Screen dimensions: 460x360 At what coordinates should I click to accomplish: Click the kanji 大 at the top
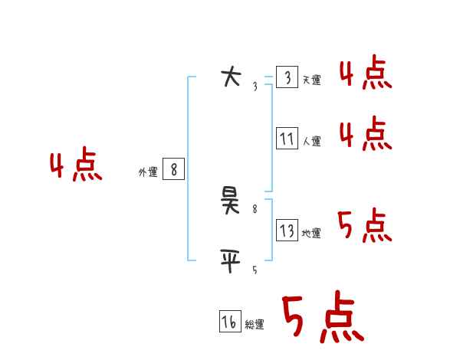click(x=230, y=77)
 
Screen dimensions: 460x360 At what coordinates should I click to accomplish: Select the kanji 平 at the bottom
click(x=230, y=261)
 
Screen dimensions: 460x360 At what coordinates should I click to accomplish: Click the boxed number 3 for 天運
click(x=287, y=77)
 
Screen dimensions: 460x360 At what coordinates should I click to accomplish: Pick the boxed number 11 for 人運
click(x=287, y=139)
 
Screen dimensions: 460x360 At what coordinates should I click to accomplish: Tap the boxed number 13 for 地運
click(x=287, y=231)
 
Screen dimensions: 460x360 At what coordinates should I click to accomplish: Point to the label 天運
click(x=311, y=80)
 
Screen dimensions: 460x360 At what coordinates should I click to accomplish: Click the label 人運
click(x=311, y=141)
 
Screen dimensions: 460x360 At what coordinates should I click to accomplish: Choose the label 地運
click(x=311, y=233)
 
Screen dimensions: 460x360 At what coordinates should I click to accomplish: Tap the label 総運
click(x=255, y=325)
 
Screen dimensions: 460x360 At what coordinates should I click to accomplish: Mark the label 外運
click(x=148, y=172)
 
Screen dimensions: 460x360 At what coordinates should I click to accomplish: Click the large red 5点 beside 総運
click(x=322, y=318)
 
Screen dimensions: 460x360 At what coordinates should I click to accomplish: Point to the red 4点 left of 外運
click(x=76, y=166)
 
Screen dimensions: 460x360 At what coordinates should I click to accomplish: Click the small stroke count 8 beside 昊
click(x=255, y=208)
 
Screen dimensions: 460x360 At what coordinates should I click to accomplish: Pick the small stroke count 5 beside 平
click(x=255, y=270)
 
